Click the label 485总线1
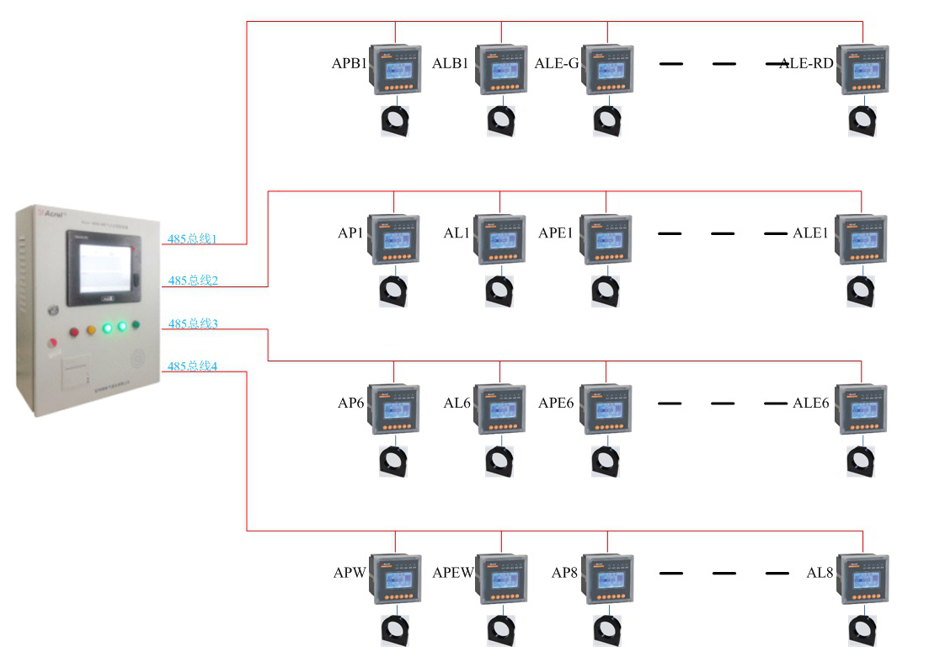click(x=192, y=239)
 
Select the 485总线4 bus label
click(x=192, y=366)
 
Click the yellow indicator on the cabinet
click(x=91, y=329)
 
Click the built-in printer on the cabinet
click(x=76, y=371)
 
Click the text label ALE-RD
click(x=806, y=63)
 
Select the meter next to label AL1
click(x=500, y=240)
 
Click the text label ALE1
click(x=810, y=233)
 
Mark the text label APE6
click(x=556, y=403)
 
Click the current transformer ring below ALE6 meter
click(x=861, y=461)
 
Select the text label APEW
click(x=453, y=574)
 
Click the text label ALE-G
click(x=557, y=63)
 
